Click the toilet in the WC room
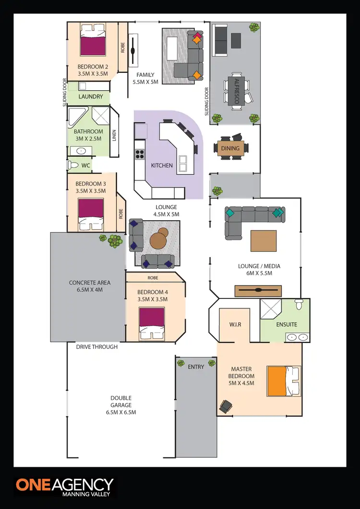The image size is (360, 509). pos(73,165)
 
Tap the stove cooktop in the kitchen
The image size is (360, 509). pos(140,154)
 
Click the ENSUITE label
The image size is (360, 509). pos(286,324)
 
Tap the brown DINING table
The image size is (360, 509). pos(230,148)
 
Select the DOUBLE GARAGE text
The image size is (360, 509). pos(120,405)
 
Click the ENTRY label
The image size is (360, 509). pos(196,367)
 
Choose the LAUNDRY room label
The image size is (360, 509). pos(91,96)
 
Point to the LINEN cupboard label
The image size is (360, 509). pos(114,136)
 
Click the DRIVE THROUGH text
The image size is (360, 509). pos(96,346)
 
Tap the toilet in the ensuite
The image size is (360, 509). pos(299,304)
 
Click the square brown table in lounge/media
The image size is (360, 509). pos(264,241)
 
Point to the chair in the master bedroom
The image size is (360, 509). pos(225,406)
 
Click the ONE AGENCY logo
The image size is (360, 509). pos(65,487)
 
